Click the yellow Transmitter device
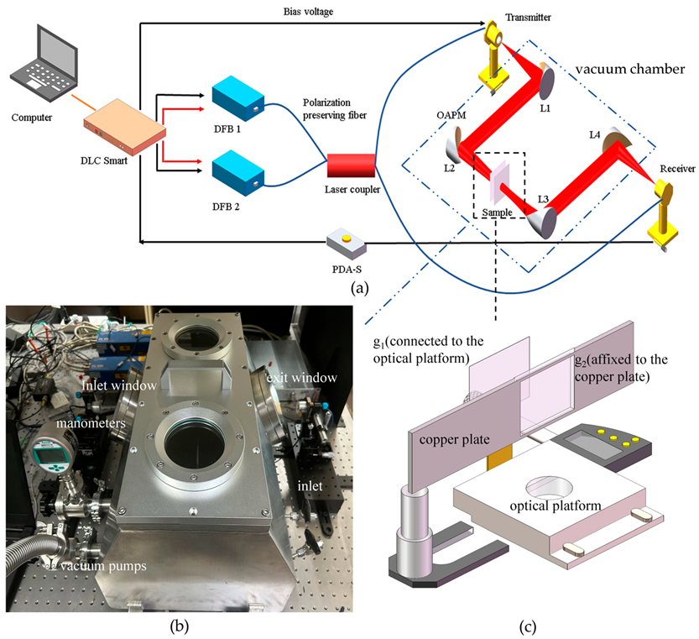[494, 50]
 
